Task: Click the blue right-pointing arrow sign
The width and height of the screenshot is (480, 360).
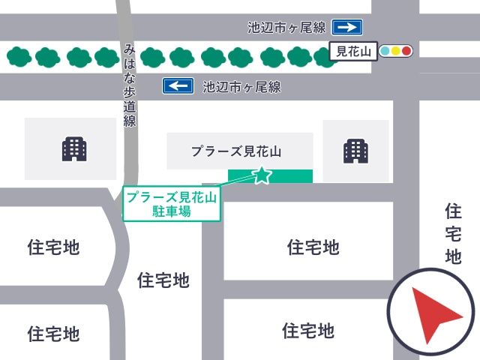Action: click(x=347, y=28)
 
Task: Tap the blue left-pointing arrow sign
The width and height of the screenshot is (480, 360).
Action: click(x=178, y=86)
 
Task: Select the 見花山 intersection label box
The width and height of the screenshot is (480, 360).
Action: click(x=352, y=52)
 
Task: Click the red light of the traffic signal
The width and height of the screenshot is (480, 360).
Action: click(x=407, y=52)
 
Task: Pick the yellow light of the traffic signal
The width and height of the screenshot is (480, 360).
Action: click(x=396, y=52)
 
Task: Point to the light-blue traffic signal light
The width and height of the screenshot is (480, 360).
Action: click(x=385, y=52)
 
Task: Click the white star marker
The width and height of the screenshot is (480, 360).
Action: click(x=262, y=175)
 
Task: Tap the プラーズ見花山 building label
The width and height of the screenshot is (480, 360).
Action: click(x=235, y=151)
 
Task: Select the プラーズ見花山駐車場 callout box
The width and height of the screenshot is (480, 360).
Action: click(x=172, y=204)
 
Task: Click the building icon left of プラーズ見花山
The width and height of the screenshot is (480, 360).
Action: click(x=74, y=150)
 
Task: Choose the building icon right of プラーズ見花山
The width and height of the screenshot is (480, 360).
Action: click(x=355, y=151)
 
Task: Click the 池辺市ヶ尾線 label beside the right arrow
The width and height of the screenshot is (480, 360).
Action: click(x=286, y=28)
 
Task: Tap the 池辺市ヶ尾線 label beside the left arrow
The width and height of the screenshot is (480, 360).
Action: click(x=241, y=87)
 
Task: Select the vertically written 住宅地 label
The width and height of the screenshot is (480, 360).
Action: click(x=452, y=233)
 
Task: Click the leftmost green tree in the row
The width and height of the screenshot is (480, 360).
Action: click(x=19, y=56)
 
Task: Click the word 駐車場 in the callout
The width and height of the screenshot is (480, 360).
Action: click(x=172, y=211)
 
